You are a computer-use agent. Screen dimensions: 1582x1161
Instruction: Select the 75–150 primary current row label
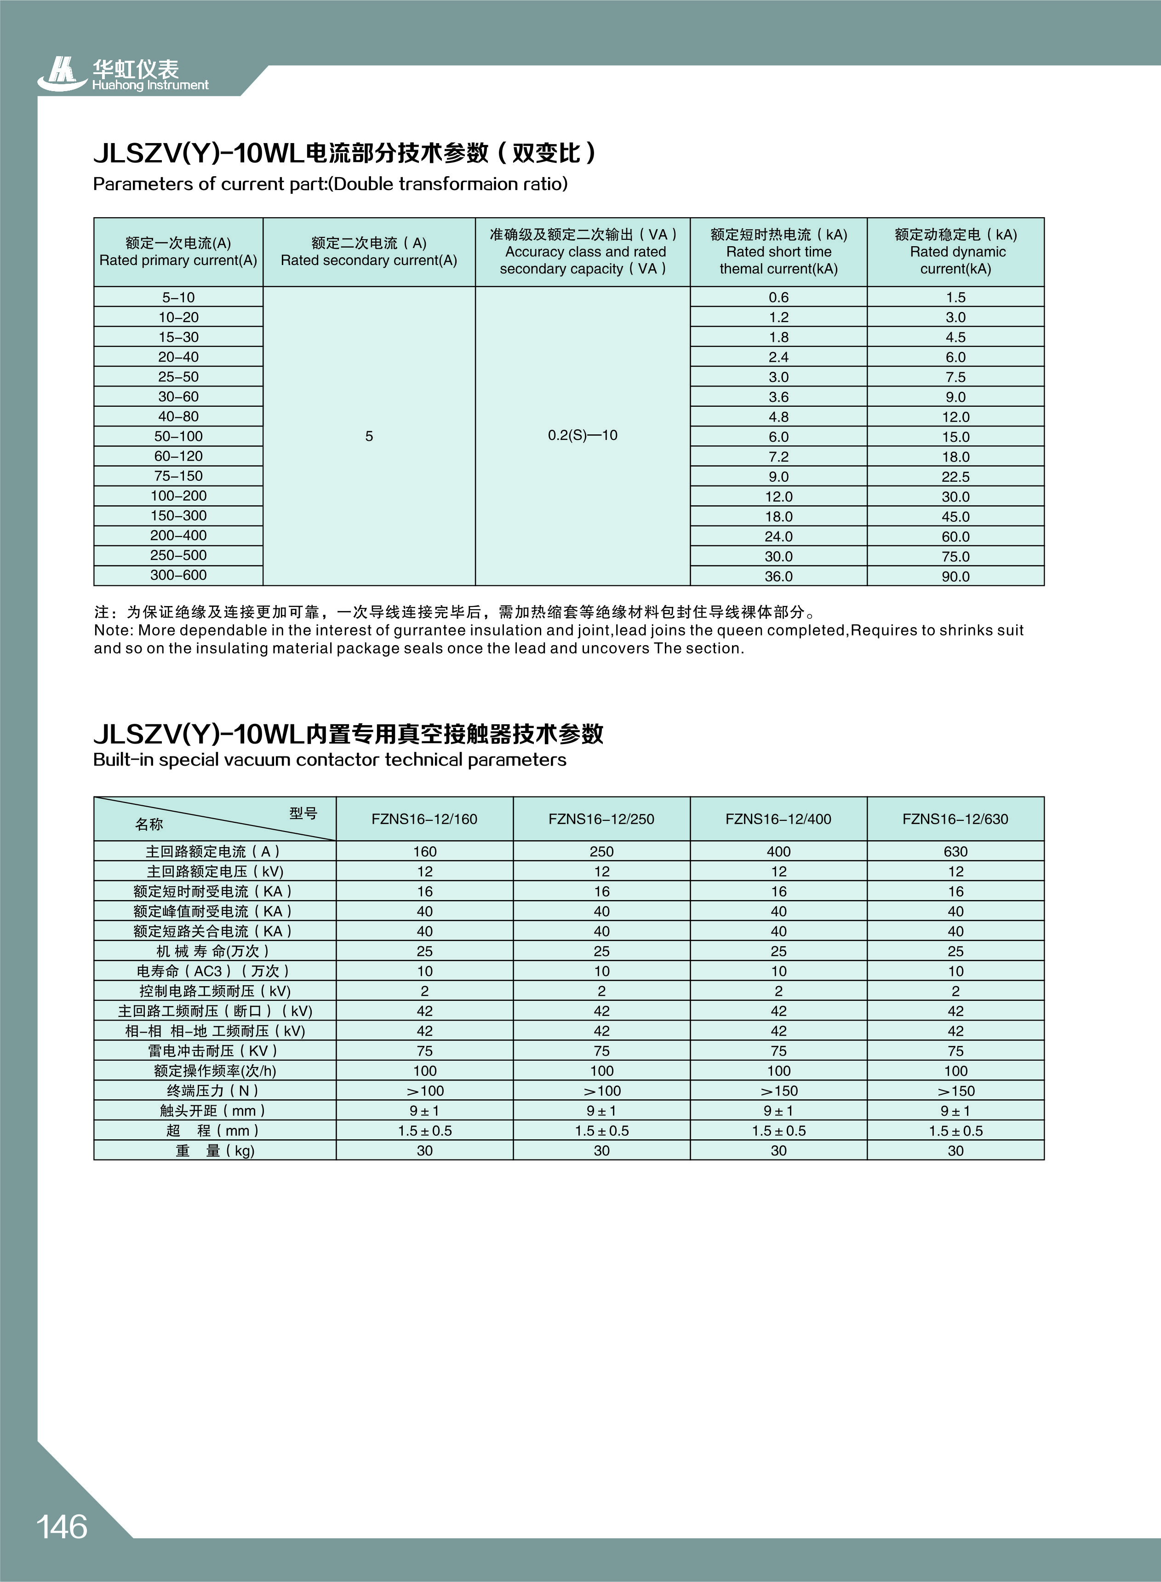pyautogui.click(x=178, y=476)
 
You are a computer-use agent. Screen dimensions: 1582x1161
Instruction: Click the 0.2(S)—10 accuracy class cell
pyautogui.click(x=583, y=435)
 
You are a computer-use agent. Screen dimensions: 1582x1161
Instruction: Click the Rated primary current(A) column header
pyautogui.click(x=178, y=252)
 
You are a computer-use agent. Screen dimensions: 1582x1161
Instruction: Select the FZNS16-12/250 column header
pyautogui.click(x=601, y=819)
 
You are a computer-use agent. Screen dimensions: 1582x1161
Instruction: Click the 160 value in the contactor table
pyautogui.click(x=424, y=851)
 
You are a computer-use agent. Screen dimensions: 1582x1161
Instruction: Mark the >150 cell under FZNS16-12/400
pyautogui.click(x=779, y=1091)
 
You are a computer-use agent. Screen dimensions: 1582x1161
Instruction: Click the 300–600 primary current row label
pyautogui.click(x=178, y=575)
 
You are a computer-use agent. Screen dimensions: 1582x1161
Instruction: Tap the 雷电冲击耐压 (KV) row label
pyautogui.click(x=214, y=1051)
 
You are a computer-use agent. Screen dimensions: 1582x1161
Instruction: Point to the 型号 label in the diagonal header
pyautogui.click(x=303, y=814)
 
